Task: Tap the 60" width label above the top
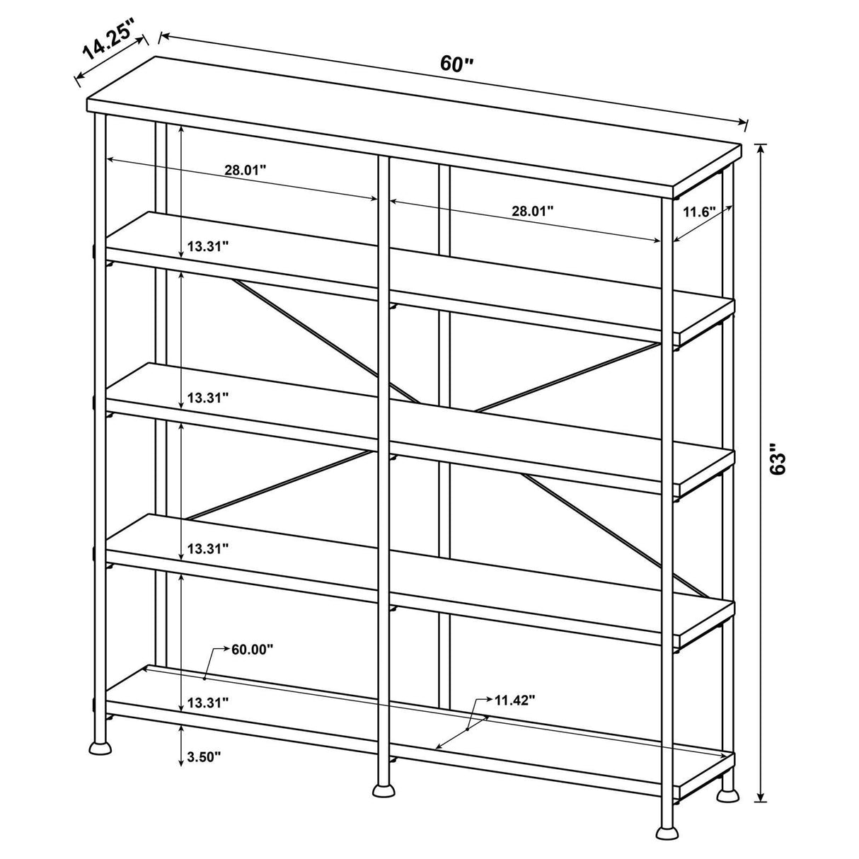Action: (456, 64)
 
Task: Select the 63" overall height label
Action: (779, 459)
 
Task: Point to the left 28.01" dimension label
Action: (246, 170)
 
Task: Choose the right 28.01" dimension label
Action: (533, 211)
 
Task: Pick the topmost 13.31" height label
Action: (208, 247)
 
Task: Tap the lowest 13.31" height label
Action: (208, 703)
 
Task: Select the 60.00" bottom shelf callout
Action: (252, 650)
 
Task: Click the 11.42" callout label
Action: (514, 701)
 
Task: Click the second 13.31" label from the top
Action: (208, 398)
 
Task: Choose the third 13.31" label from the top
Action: (208, 548)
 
